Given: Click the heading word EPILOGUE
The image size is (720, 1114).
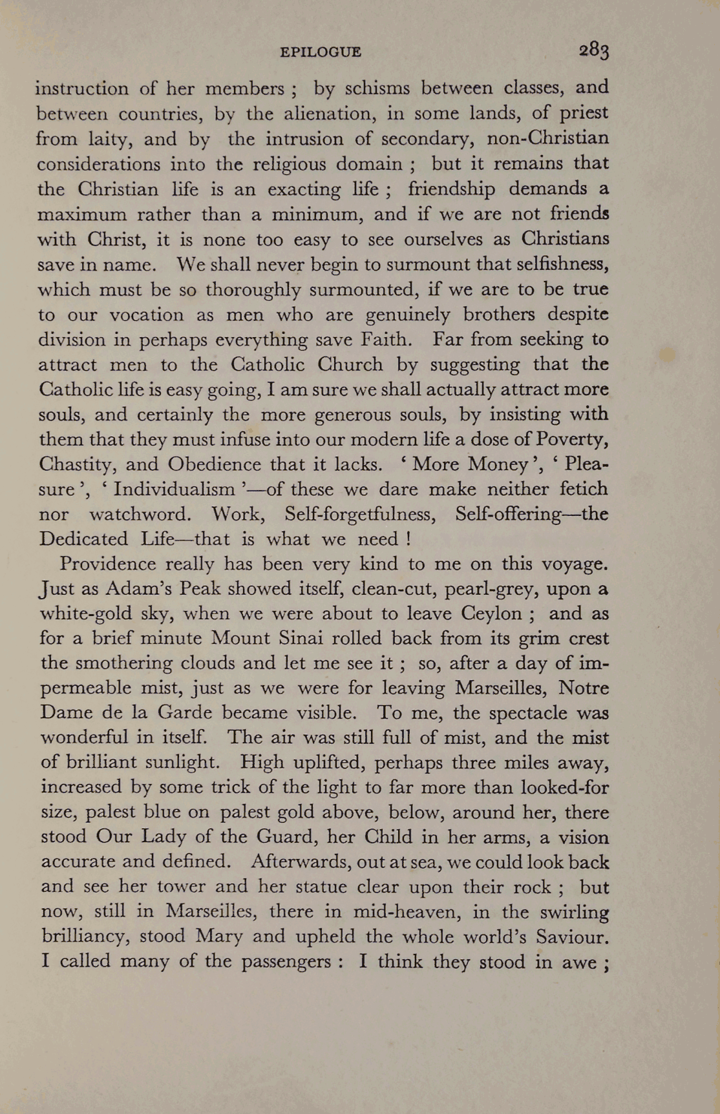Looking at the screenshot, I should (x=321, y=52).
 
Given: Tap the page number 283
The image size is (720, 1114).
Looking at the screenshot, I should (x=593, y=50).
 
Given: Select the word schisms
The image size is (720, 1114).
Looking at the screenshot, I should (x=377, y=88).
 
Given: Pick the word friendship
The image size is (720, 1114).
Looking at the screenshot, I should (x=452, y=189).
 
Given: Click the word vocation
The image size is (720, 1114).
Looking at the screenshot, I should (x=147, y=315).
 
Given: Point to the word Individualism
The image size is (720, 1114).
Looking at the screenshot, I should (x=174, y=489).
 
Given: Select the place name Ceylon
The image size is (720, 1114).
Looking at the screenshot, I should (x=491, y=613).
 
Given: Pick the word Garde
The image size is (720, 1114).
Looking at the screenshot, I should (x=184, y=712).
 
